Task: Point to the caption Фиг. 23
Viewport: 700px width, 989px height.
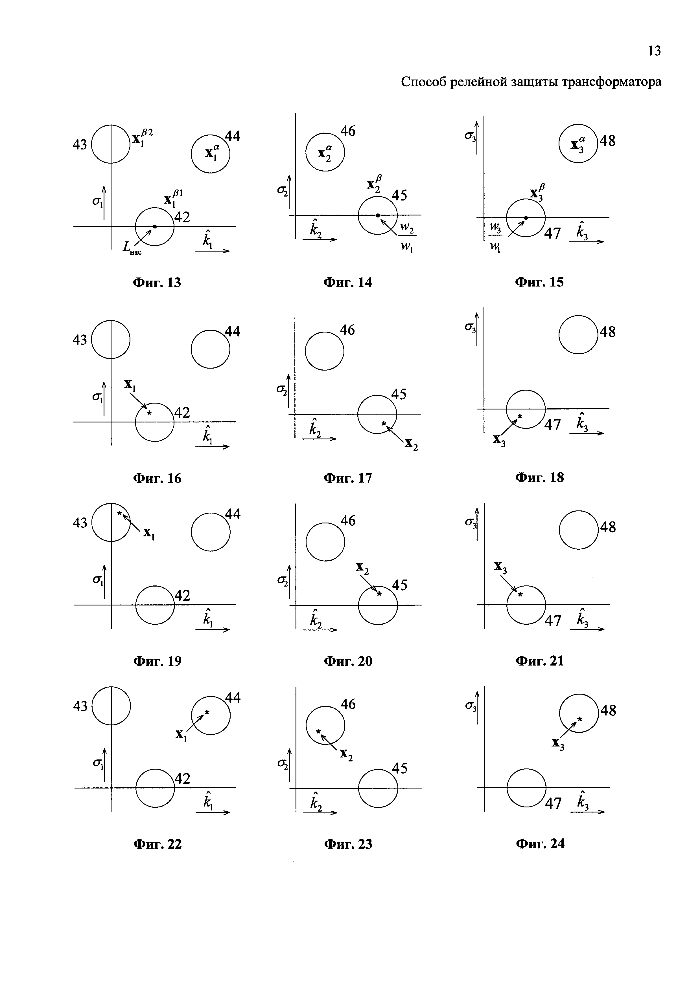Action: [x=348, y=844]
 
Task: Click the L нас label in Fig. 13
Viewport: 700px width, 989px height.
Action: [x=132, y=248]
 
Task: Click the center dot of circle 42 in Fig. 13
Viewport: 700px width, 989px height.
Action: [x=155, y=226]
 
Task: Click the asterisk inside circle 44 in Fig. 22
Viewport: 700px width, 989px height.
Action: [x=207, y=712]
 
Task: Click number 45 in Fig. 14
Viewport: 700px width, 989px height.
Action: [x=399, y=195]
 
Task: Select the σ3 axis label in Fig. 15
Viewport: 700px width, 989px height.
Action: [x=470, y=136]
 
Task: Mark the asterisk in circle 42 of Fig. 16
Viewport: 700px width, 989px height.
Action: [x=149, y=413]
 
